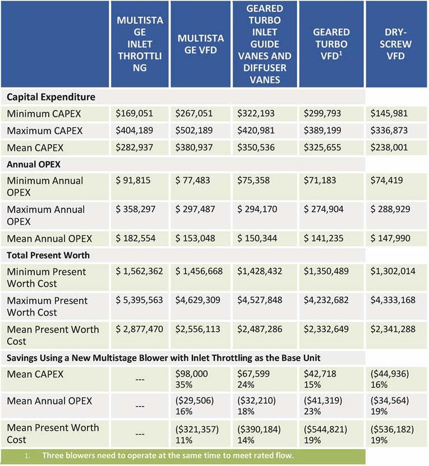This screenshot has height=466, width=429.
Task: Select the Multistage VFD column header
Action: click(201, 44)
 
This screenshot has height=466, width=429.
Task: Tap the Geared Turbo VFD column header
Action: click(331, 44)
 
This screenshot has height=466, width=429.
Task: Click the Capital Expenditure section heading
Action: click(51, 97)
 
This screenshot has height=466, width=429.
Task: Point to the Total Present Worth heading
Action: click(48, 255)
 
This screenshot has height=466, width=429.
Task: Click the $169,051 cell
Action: click(134, 114)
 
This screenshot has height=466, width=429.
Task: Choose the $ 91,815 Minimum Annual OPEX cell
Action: click(135, 181)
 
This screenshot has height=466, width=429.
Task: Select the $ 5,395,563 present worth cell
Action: click(140, 300)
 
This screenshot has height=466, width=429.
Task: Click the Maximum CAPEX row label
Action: click(45, 131)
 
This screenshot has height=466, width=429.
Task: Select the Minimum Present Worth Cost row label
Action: click(47, 277)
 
